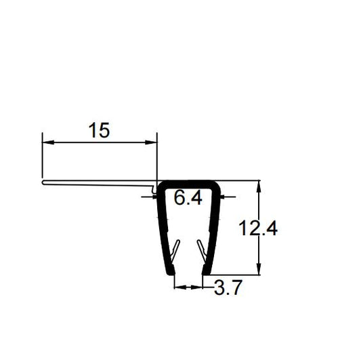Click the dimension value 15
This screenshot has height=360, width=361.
(99, 130)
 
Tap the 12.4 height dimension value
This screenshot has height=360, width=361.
(257, 228)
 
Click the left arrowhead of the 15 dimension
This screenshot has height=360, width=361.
(46, 142)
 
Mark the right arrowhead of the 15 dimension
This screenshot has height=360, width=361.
(153, 142)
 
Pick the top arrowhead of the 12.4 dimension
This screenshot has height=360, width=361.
(259, 184)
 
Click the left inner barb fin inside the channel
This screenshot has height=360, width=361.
(175, 251)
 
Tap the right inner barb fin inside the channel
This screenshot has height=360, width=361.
(201, 251)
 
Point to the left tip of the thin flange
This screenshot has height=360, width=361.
(43, 181)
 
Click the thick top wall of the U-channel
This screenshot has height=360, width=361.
(189, 183)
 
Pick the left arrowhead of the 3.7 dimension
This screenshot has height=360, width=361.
(177, 287)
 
